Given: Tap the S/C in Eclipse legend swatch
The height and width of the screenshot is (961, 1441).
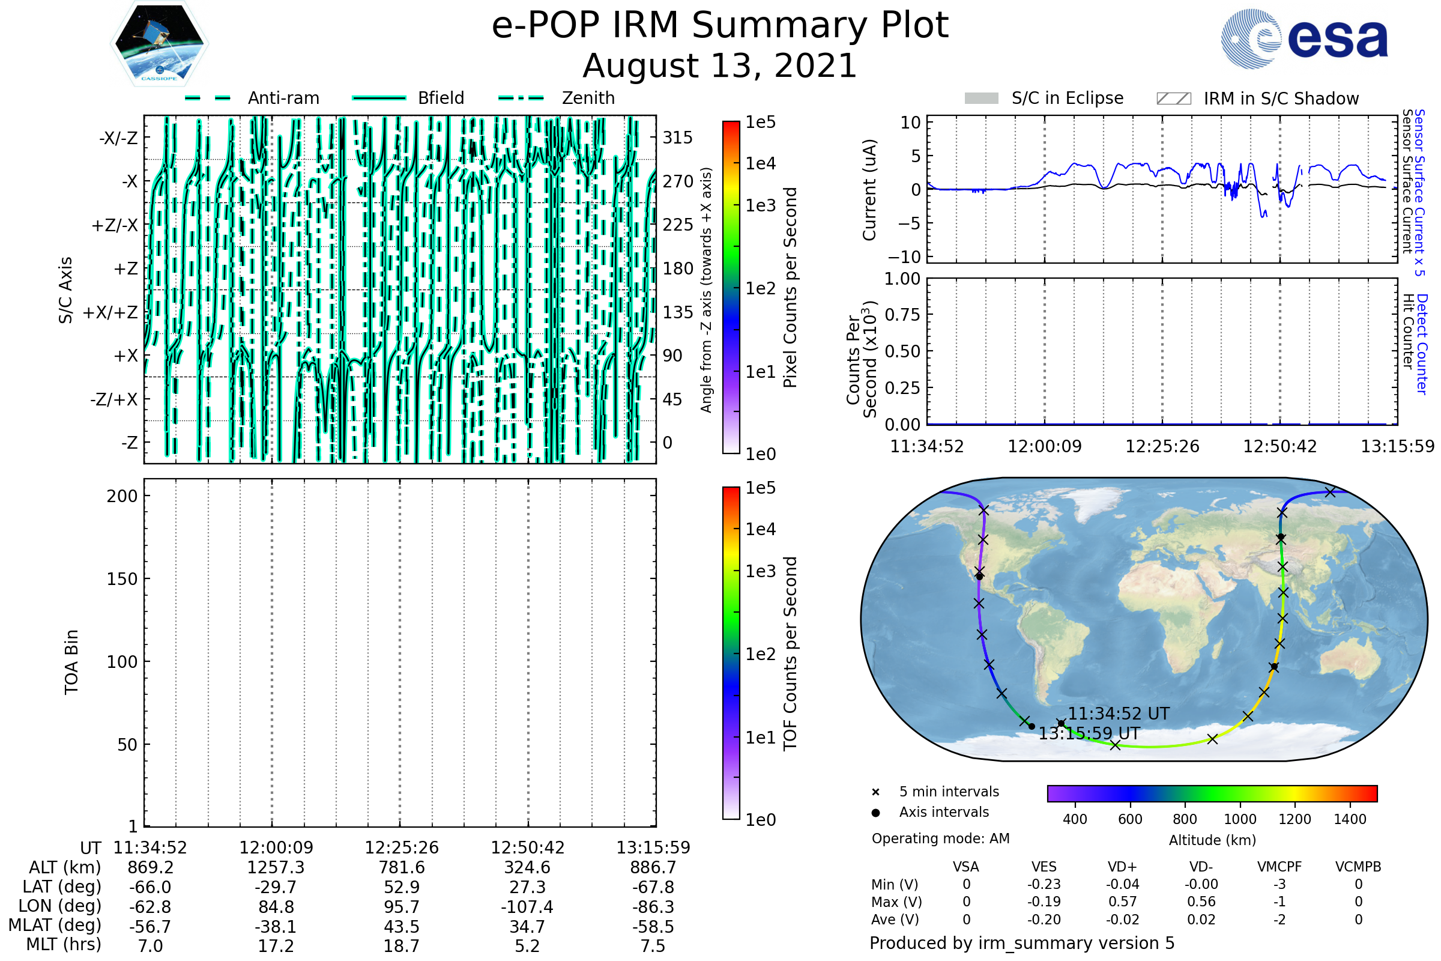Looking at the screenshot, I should tap(981, 99).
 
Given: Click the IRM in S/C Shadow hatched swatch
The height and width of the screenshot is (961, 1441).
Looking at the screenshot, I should tap(1173, 99).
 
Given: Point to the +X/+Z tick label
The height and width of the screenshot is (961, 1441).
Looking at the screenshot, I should tap(110, 312).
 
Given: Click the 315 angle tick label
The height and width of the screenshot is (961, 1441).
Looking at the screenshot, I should tap(678, 138).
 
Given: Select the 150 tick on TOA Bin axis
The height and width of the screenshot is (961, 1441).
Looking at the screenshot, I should tap(122, 579).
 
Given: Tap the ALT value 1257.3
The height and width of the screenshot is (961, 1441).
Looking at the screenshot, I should tap(276, 867).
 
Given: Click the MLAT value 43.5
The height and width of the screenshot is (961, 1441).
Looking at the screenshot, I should tap(401, 926).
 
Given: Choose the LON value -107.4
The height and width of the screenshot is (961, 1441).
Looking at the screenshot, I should tap(527, 906).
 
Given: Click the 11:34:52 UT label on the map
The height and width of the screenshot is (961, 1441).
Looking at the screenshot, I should tap(1119, 714).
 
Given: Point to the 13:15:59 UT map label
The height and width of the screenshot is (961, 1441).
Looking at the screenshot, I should tap(1089, 733).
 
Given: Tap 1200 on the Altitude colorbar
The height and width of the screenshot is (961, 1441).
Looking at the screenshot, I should tap(1294, 819).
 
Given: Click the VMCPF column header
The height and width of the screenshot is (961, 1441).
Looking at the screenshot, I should tap(1279, 867).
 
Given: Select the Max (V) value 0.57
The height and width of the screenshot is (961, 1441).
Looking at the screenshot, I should tap(1122, 902).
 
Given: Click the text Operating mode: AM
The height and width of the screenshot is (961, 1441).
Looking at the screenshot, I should tap(940, 838).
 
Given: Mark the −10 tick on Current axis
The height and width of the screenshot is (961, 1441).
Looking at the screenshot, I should tap(909, 257).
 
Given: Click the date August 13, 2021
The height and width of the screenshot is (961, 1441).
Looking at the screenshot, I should tap(720, 65).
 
